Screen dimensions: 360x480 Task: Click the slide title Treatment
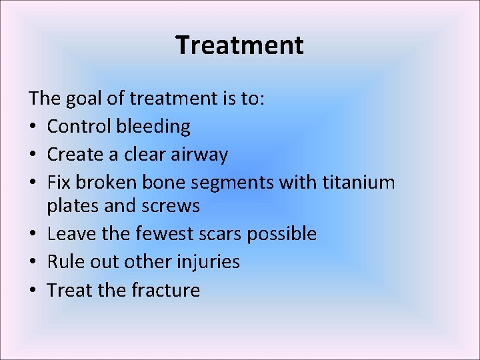[x=239, y=45]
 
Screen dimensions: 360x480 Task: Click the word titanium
[x=359, y=182]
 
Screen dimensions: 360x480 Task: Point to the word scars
[x=219, y=234]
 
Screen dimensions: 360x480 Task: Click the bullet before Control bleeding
[x=33, y=127]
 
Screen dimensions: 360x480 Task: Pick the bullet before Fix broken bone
[x=33, y=183]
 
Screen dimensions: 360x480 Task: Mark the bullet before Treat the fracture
[x=33, y=291]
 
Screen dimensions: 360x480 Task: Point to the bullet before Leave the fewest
[x=33, y=235]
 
